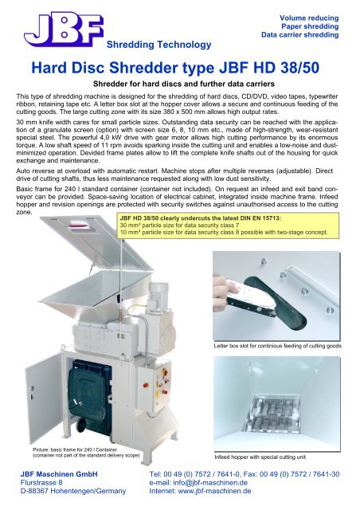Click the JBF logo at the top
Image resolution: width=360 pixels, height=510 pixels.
(x=64, y=29)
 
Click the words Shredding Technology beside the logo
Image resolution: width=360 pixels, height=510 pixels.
(x=158, y=45)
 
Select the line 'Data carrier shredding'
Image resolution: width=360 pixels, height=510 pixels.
(x=299, y=35)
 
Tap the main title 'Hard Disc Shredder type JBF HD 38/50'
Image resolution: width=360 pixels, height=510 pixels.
(x=175, y=68)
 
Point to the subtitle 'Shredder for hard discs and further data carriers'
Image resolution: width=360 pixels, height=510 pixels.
(x=184, y=84)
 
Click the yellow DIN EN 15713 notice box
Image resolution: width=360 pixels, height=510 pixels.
(x=229, y=225)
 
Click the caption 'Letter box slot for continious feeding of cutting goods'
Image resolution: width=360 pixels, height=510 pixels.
(x=277, y=346)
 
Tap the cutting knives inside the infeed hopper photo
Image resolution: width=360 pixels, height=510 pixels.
(x=272, y=414)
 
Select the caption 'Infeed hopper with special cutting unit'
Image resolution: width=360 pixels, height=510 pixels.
(x=260, y=457)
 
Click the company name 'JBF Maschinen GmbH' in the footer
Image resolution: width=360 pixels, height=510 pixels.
(x=59, y=474)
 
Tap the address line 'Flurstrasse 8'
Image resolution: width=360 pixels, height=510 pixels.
(x=41, y=482)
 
